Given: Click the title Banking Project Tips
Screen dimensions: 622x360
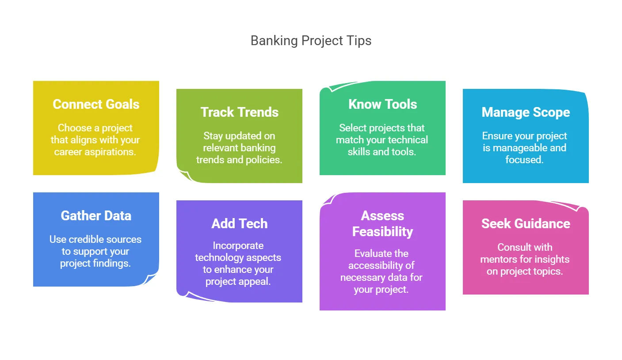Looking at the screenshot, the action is (x=311, y=41).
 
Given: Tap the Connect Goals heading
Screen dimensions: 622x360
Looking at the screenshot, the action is (x=96, y=104).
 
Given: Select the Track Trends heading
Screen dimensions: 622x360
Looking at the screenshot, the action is (x=239, y=112).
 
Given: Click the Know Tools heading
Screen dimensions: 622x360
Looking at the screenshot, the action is (x=383, y=104).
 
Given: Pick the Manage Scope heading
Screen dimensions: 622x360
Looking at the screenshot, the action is (x=526, y=112).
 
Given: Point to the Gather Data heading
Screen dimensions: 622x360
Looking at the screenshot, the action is (x=96, y=215).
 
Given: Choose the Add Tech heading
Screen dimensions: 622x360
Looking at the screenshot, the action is (x=239, y=224).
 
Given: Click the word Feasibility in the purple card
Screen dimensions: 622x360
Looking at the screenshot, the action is (x=383, y=232).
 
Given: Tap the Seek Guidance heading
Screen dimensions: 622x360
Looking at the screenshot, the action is (x=526, y=224).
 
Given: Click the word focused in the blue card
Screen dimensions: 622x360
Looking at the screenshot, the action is (x=524, y=160).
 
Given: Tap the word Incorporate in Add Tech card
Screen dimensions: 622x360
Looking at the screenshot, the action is (x=238, y=245).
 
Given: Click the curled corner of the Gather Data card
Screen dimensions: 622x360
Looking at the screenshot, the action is (x=150, y=279).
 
